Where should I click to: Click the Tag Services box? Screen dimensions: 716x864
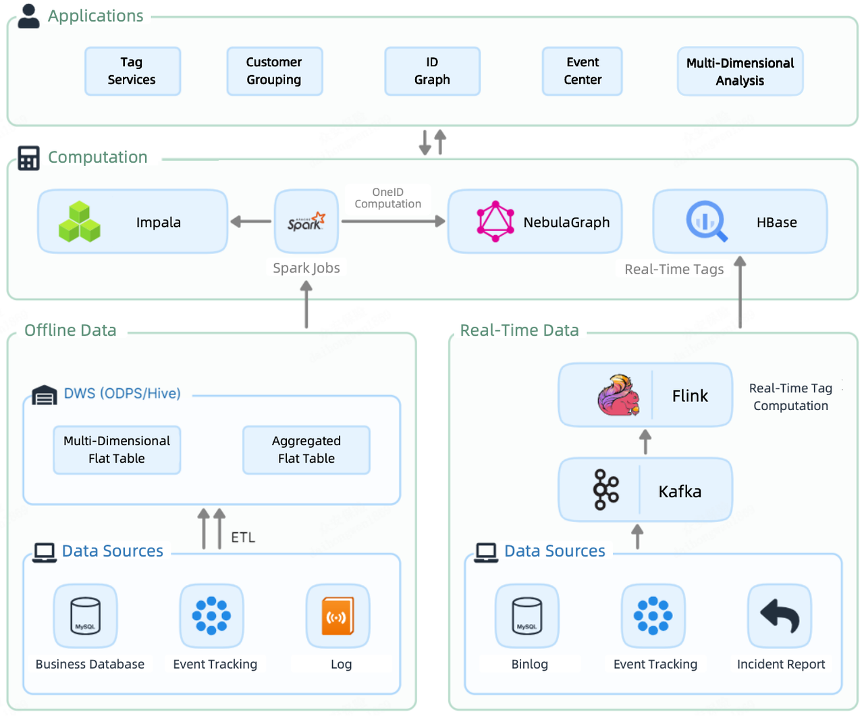coord(132,71)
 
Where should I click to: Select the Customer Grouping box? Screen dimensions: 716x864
coord(274,71)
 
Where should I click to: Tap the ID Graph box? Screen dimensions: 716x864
coord(432,71)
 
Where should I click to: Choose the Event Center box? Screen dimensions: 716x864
coord(582,71)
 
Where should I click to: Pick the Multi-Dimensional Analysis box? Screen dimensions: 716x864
coord(740,72)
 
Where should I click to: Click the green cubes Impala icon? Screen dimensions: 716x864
coord(80,222)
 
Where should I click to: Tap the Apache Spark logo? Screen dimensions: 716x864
coord(306,222)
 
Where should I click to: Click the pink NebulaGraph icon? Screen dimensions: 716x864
coord(495,222)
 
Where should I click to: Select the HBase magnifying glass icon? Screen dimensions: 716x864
coord(706,222)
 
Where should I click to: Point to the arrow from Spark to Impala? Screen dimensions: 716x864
coord(250,222)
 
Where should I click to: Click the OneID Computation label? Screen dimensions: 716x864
coord(387,198)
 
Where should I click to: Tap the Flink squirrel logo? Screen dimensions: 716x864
coord(618,395)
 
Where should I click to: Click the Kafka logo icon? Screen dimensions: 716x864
coord(605,490)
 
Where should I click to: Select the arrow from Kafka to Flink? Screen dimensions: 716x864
coord(645,442)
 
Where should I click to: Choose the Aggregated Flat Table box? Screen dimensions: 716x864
coord(306,450)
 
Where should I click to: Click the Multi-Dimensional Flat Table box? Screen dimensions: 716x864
coord(117,450)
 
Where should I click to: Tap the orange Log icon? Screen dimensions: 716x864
coord(337,616)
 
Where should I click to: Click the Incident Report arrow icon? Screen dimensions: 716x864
coord(780,616)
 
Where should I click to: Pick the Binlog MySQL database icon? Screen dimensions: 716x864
coord(526,616)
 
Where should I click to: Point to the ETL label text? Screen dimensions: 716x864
coord(243,538)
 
